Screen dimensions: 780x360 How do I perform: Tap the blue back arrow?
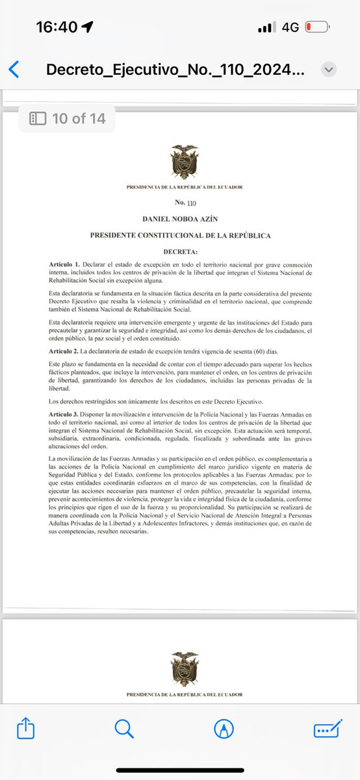[14, 70]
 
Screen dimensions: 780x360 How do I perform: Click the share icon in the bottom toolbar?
[26, 729]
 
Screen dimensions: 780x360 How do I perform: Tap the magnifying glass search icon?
[123, 729]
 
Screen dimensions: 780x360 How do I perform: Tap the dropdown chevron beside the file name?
[329, 70]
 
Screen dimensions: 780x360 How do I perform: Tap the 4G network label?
[290, 28]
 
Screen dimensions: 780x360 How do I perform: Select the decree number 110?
[190, 203]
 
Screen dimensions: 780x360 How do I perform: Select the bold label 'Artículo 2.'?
[64, 351]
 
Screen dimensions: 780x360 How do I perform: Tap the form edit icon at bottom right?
[328, 729]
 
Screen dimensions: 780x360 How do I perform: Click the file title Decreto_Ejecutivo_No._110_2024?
[174, 70]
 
